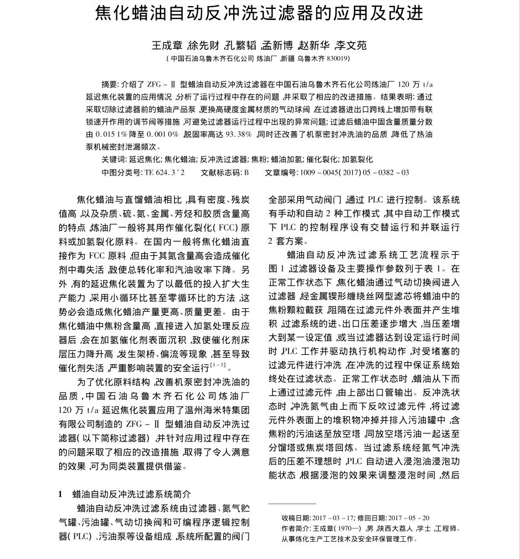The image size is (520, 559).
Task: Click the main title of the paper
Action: (x=260, y=13)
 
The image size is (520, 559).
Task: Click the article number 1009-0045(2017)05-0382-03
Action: (x=354, y=172)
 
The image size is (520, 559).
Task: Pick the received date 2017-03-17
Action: (x=328, y=518)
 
